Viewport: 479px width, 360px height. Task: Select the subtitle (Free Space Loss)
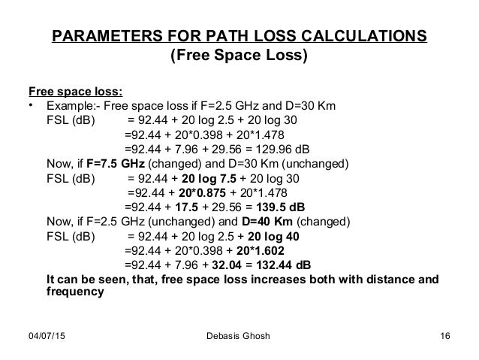(x=239, y=57)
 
